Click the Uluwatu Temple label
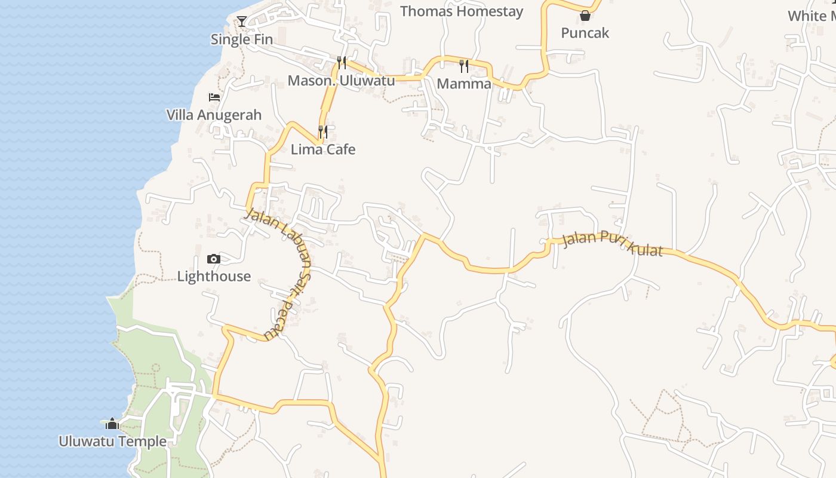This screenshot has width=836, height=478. pos(112,442)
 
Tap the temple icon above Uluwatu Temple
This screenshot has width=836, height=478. pos(112,424)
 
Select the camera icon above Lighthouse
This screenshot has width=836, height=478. pos(213,259)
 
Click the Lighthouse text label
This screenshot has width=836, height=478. pos(214,276)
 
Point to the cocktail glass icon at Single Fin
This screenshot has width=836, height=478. pos(242,22)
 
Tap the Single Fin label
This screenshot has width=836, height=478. pos(242,39)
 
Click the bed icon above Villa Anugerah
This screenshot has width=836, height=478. pos(214,97)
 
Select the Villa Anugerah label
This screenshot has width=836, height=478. pos(214,115)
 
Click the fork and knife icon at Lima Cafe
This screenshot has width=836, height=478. pos(323,131)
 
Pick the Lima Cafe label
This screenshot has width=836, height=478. pos(323,149)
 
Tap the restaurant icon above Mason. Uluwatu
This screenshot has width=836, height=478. pos(342,62)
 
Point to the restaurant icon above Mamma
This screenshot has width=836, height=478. pos(464,66)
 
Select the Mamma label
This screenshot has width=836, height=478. pos(464,84)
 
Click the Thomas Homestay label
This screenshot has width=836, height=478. pos(462,11)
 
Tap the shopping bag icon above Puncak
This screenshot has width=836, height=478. pos(585,16)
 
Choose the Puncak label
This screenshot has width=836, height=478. pos(585,33)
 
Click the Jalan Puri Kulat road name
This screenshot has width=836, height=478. pos(613,243)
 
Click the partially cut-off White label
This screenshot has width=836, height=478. pos(812,16)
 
